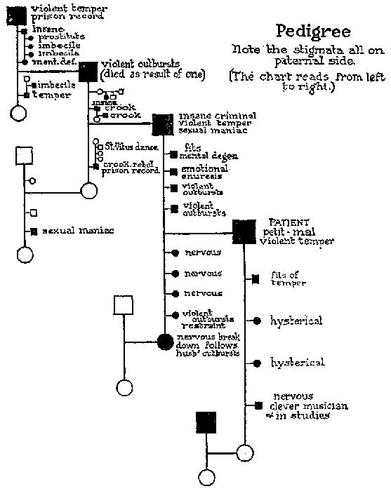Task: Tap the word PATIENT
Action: (284, 222)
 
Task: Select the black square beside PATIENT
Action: (244, 231)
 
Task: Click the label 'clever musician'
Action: (309, 406)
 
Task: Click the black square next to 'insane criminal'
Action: (163, 124)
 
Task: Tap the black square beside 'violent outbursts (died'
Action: (88, 71)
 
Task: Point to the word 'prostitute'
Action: (62, 36)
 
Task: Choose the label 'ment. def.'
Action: (46, 62)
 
